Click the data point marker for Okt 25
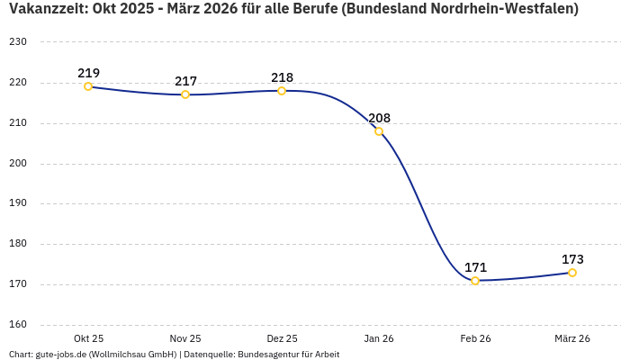click(x=88, y=86)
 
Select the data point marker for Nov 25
click(x=185, y=94)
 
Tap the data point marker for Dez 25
click(x=282, y=91)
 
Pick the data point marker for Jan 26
click(x=379, y=131)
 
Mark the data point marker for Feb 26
click(x=475, y=281)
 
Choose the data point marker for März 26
click(x=572, y=273)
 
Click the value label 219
click(x=88, y=73)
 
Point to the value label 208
click(x=379, y=118)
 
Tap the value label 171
click(x=475, y=267)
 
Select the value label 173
click(x=572, y=259)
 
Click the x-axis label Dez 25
click(x=282, y=338)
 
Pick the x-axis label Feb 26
click(x=475, y=338)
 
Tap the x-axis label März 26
click(x=572, y=338)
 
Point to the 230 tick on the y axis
click(x=18, y=42)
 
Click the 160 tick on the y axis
click(x=18, y=325)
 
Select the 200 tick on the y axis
click(x=18, y=164)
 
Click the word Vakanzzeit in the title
click(x=45, y=9)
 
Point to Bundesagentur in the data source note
click(x=267, y=355)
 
